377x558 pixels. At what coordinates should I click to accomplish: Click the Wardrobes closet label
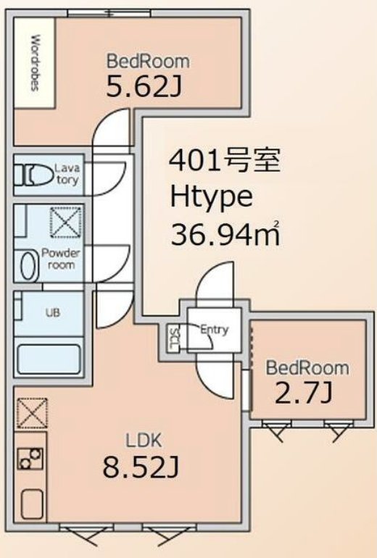35,63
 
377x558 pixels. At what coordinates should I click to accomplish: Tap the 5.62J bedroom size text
144,87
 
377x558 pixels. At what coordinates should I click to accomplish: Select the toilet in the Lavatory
33,175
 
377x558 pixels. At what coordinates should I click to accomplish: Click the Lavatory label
67,174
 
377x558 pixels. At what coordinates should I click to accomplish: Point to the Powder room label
61,259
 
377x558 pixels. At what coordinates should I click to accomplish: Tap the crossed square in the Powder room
65,222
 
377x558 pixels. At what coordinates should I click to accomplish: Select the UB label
53,312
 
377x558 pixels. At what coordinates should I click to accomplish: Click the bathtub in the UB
49,359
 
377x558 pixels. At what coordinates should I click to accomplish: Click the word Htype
212,198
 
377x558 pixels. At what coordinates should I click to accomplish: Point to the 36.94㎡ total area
225,234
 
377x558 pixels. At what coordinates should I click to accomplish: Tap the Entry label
214,330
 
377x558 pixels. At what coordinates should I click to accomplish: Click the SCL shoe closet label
174,339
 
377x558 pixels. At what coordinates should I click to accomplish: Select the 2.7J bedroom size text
304,393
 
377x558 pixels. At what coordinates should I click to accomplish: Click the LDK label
144,440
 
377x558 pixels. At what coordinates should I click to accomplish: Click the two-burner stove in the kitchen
30,459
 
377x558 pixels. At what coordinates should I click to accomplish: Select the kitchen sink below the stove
32,504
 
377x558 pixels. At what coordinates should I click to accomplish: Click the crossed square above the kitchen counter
32,413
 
